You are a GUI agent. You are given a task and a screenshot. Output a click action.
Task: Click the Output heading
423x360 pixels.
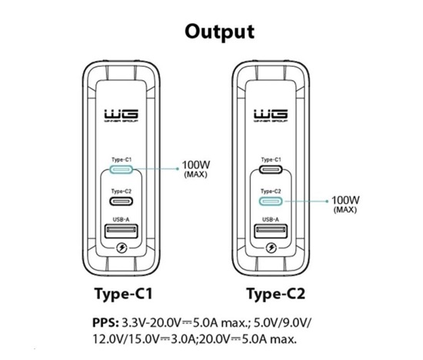220,32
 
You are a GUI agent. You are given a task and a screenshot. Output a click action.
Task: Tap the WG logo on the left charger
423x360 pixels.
122,115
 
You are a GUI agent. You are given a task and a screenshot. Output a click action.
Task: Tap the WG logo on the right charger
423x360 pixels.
271,115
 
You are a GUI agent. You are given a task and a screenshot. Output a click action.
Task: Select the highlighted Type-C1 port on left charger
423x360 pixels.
121,169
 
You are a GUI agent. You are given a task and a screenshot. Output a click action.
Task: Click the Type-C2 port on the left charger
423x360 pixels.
121,201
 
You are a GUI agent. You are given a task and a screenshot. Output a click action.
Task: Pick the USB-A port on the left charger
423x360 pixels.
122,232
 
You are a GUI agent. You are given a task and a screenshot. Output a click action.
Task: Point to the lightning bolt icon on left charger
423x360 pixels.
122,248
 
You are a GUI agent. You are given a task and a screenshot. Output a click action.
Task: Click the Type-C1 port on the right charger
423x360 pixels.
271,169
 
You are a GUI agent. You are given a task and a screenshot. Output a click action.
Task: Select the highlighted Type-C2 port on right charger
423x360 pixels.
271,201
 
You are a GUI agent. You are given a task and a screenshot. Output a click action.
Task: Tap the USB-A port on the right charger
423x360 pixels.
271,232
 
